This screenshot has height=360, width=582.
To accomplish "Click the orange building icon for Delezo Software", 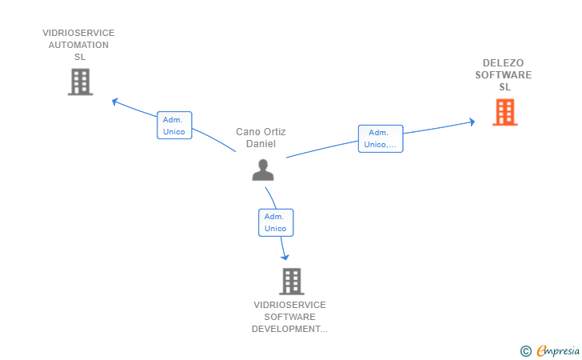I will coord(504,112).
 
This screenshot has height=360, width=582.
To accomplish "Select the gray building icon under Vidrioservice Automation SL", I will coord(80,82).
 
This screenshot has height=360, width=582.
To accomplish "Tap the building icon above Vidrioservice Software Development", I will coord(292,281).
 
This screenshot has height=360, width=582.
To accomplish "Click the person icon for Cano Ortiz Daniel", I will coord(263,170).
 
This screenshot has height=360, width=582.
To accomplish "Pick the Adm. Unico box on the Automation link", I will coord(173,126).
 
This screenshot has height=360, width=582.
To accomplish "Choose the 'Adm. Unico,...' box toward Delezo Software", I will coord(381,138).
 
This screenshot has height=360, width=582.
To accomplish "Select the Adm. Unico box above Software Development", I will coord(276,222).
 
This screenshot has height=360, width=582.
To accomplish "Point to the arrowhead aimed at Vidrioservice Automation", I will coord(116,102).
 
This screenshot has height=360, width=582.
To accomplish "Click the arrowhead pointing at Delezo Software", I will coord(472,122).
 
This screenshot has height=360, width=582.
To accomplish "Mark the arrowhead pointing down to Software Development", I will coord(285,256).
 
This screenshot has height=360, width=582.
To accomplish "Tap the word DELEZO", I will coord(503,63).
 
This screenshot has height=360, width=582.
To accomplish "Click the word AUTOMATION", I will coord(78,45).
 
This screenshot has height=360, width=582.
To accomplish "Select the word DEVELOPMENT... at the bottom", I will coord(289,329).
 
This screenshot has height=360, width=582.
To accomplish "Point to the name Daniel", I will coord(261,144).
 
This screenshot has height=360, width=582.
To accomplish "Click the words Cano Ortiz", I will coord(261,132).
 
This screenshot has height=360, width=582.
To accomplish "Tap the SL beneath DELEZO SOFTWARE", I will coord(504,87).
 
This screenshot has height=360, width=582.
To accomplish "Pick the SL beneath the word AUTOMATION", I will coord(79,57).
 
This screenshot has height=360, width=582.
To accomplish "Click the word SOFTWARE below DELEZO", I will coord(503,75).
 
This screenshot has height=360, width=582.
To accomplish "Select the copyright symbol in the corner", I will coord(525,350).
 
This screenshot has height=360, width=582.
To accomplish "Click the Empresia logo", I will coord(556,350).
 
